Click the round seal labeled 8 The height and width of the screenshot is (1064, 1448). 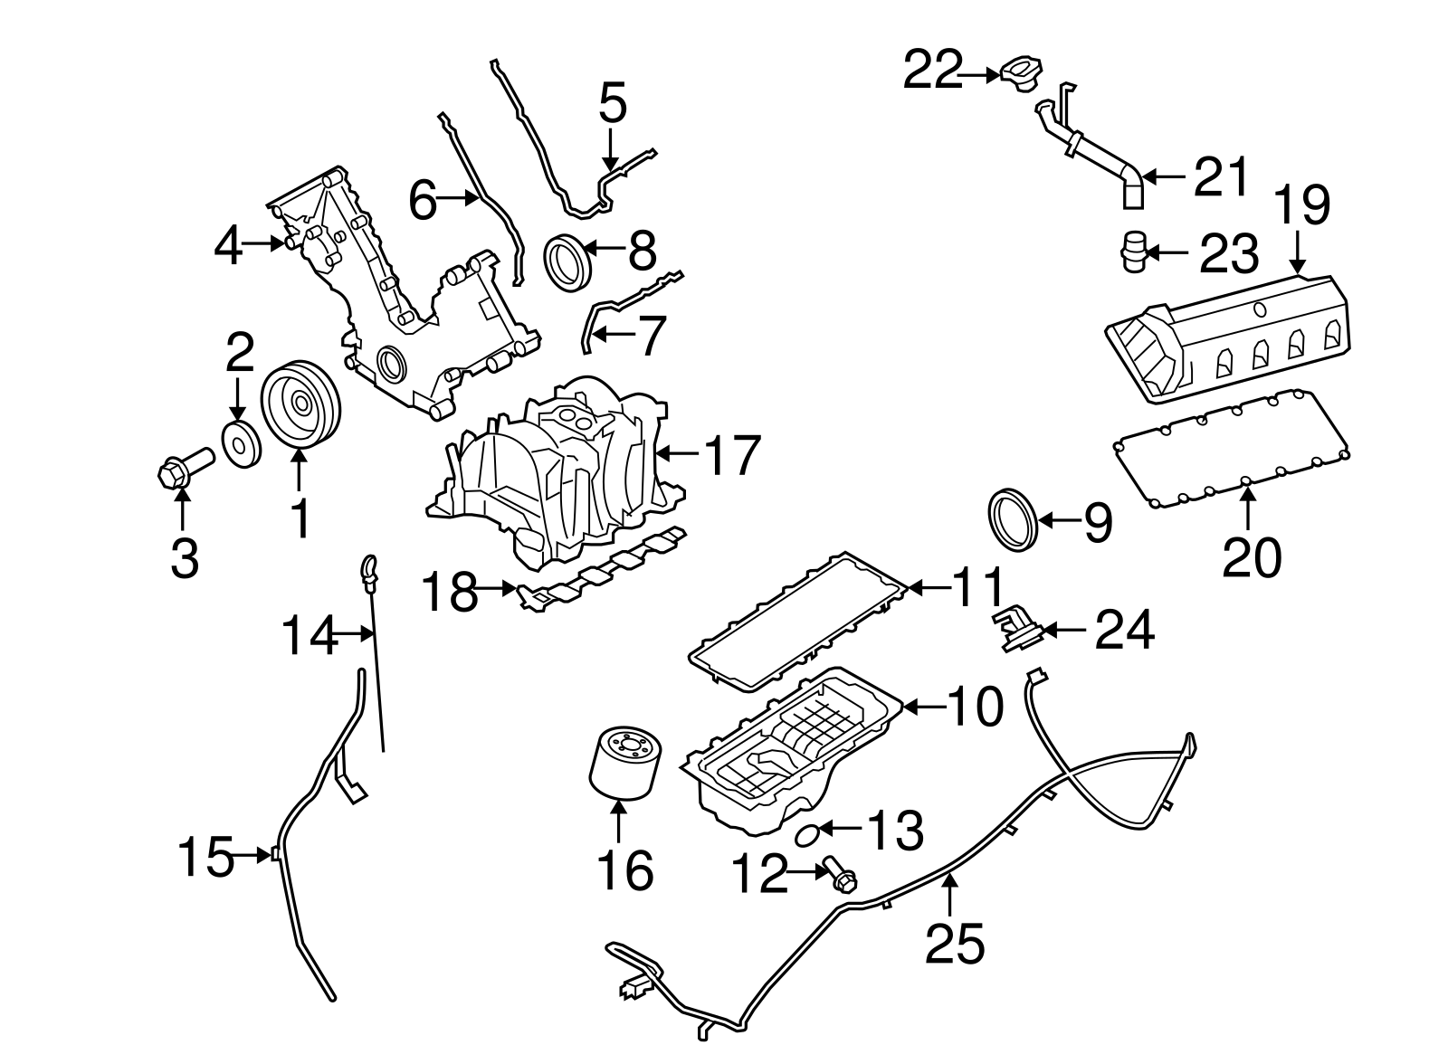point(567,262)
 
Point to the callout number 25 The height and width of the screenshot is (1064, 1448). point(954,944)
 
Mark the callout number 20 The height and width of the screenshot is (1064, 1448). point(1252,556)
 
